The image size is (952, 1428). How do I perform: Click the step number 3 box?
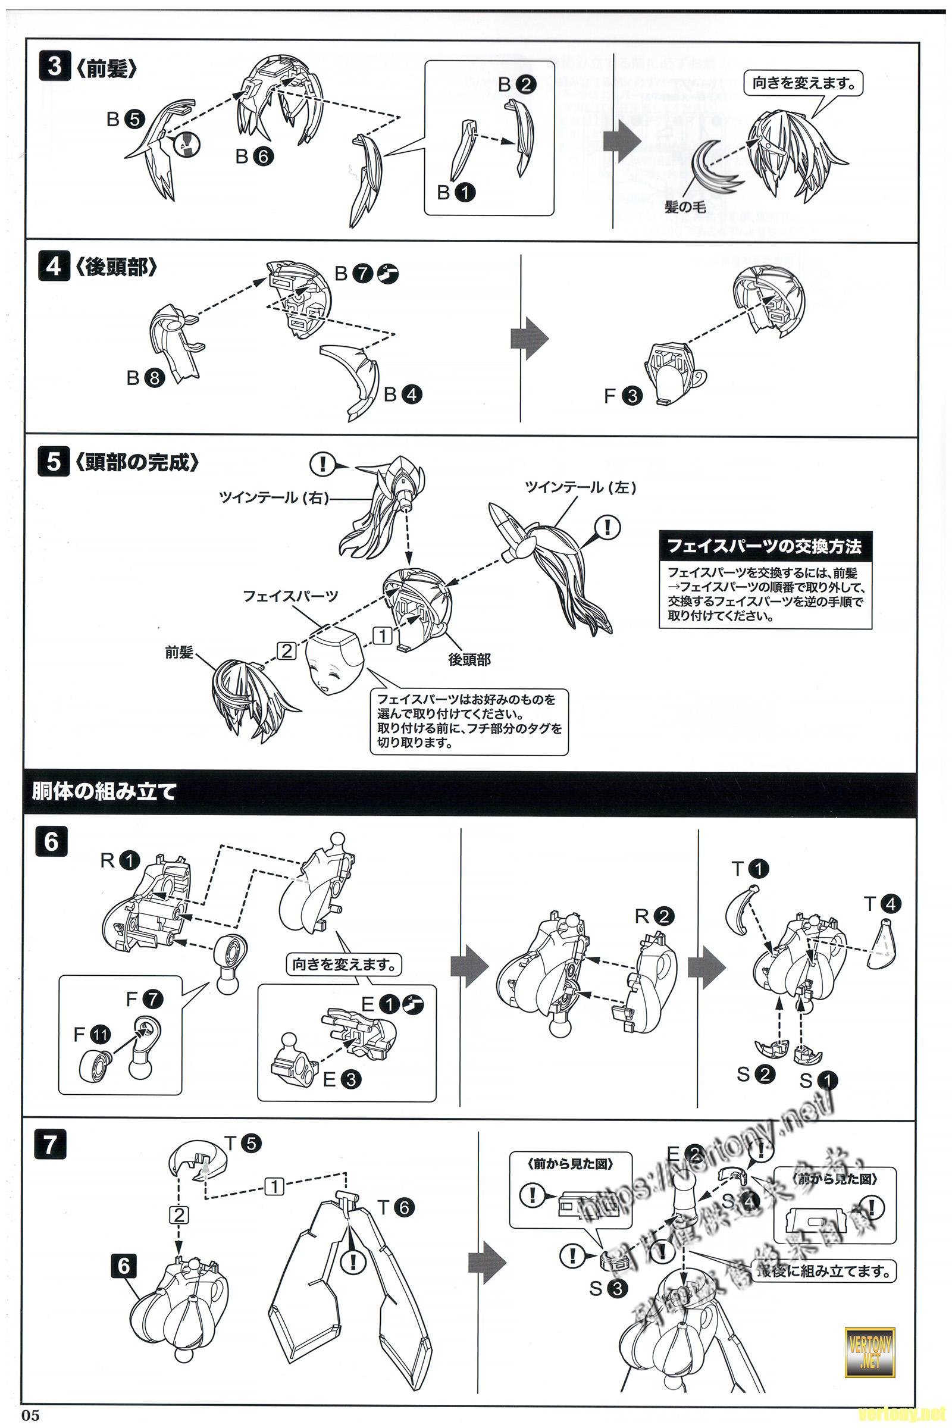point(54,66)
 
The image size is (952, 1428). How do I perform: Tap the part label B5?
point(125,120)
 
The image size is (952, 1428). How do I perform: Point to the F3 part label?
point(623,396)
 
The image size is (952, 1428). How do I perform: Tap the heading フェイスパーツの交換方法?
point(765,546)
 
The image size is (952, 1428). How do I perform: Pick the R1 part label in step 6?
point(120,860)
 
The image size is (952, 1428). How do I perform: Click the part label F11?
point(92,1034)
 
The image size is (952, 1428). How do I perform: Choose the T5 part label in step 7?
point(242,1144)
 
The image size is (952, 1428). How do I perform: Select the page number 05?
point(30,1416)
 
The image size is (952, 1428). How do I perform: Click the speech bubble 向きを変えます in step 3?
point(803,83)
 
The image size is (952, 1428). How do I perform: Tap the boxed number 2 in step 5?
point(286,651)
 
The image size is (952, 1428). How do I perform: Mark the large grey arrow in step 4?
point(529,338)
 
